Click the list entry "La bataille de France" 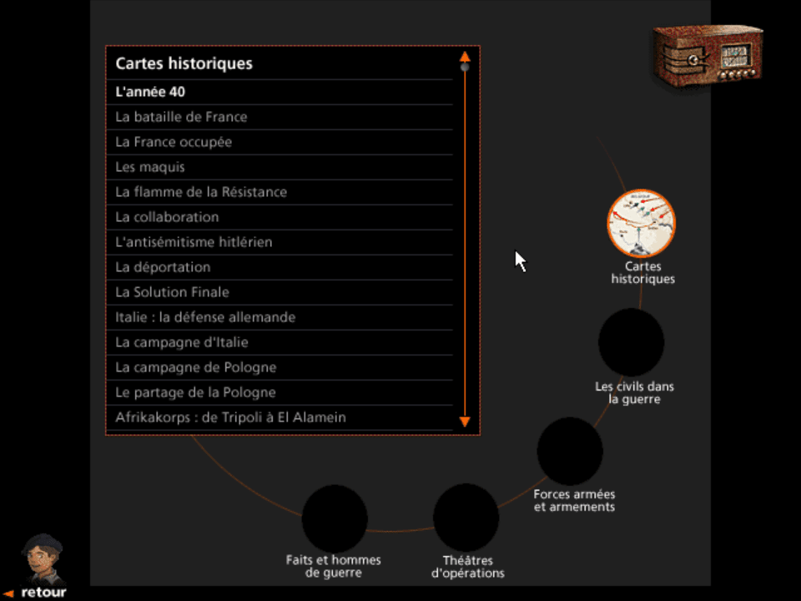[181, 117]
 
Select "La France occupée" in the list [174, 142]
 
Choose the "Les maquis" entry [150, 167]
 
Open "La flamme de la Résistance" [201, 192]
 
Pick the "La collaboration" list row [167, 217]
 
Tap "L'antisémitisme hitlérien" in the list [194, 242]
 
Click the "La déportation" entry [163, 267]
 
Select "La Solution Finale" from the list [172, 292]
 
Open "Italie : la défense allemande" [205, 317]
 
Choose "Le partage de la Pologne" [195, 392]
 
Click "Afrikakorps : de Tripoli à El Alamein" [230, 417]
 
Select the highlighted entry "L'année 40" [150, 92]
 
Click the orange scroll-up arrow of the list [465, 58]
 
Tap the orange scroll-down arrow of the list [465, 422]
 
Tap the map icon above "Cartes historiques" [641, 223]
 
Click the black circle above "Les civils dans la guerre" [631, 342]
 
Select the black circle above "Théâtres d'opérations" [466, 517]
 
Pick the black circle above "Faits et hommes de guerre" [334, 518]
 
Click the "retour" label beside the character [43, 592]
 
